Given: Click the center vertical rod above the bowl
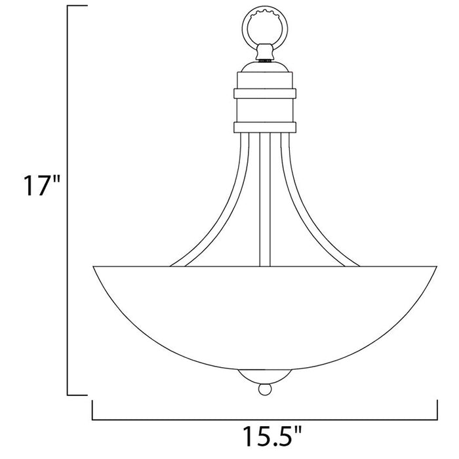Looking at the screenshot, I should (x=265, y=197).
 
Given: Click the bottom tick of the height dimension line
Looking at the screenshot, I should (x=77, y=395).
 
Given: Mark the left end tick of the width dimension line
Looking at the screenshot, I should (x=92, y=409).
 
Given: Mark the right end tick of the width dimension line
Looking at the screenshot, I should (x=436, y=409).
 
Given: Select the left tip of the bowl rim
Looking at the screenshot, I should (x=94, y=266).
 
